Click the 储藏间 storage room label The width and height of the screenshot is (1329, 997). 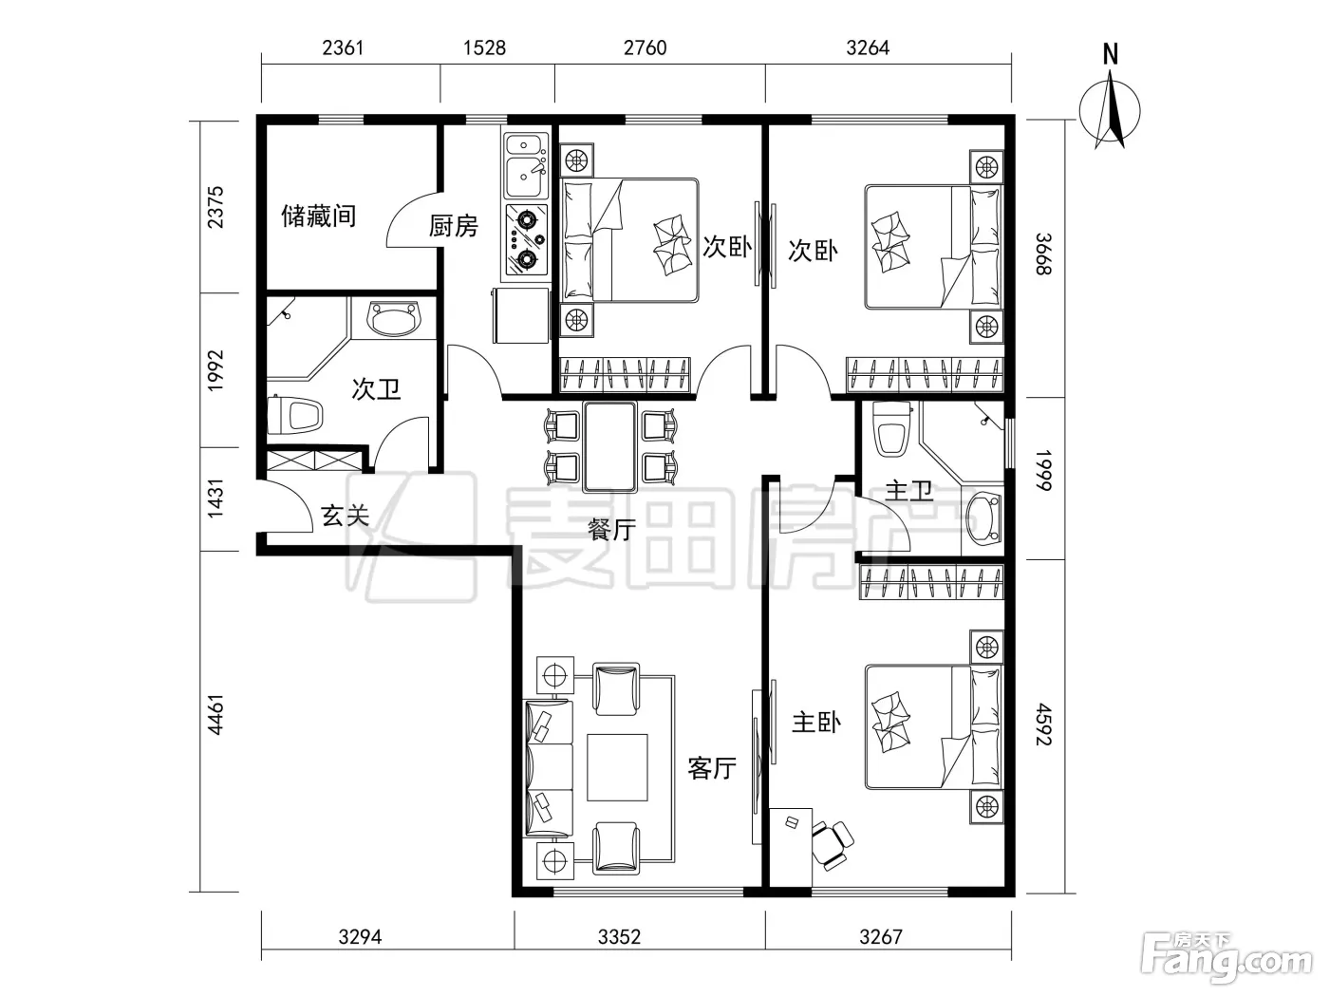(318, 216)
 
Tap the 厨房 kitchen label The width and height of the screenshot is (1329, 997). (454, 226)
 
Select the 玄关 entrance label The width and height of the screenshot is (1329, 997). (345, 516)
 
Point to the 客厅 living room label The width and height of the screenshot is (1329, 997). (712, 768)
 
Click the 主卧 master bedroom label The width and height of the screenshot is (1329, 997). (816, 723)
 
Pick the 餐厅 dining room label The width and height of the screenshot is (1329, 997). (611, 530)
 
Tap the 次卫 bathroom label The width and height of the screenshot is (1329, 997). (376, 389)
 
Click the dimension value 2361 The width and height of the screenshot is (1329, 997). (343, 47)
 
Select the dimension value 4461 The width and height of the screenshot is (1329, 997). (215, 715)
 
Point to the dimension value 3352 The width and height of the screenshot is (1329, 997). (619, 937)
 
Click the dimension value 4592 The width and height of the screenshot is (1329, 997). (1044, 724)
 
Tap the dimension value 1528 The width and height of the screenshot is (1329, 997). (484, 47)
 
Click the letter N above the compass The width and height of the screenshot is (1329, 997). (1111, 54)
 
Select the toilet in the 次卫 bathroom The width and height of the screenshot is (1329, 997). (297, 415)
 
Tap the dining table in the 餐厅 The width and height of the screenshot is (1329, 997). (610, 446)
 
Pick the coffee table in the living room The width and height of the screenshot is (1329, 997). (617, 767)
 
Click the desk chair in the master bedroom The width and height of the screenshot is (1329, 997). (831, 844)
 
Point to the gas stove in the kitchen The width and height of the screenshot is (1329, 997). (526, 239)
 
